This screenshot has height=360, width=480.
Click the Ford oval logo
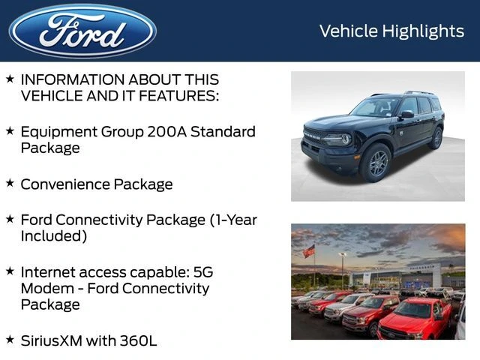coord(82,31)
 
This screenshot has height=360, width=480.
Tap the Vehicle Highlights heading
coord(391,31)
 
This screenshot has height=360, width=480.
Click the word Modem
coord(44,288)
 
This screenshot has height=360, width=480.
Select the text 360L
coord(138,340)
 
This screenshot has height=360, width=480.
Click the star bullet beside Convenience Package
coord(10,182)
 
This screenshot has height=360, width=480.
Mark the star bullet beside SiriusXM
coord(10,339)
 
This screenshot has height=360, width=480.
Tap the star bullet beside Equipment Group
coord(10,130)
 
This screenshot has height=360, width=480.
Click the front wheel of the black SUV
coord(377,162)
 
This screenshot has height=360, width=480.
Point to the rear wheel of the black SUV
coord(436,138)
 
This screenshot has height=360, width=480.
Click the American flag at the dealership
coord(309,251)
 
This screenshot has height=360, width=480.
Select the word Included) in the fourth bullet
coord(54,236)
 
